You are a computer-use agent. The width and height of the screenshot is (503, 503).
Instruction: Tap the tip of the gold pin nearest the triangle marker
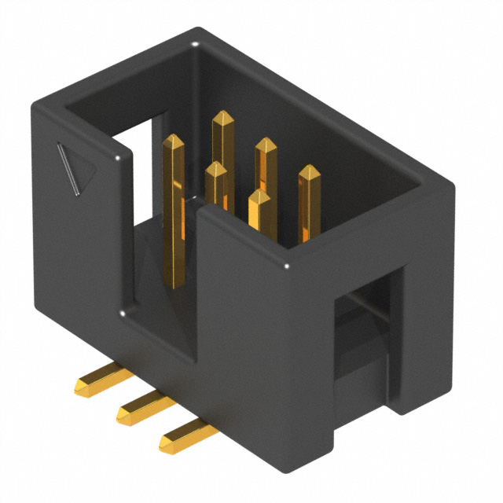[173, 140]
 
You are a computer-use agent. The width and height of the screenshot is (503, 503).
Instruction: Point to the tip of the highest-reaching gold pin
[223, 116]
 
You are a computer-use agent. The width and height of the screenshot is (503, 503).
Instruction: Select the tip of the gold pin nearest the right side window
[309, 171]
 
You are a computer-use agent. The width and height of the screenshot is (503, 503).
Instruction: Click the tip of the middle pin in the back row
[266, 143]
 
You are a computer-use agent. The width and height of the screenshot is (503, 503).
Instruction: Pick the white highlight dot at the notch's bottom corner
[126, 316]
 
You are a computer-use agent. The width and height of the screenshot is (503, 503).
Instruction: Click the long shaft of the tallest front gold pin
[174, 228]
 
